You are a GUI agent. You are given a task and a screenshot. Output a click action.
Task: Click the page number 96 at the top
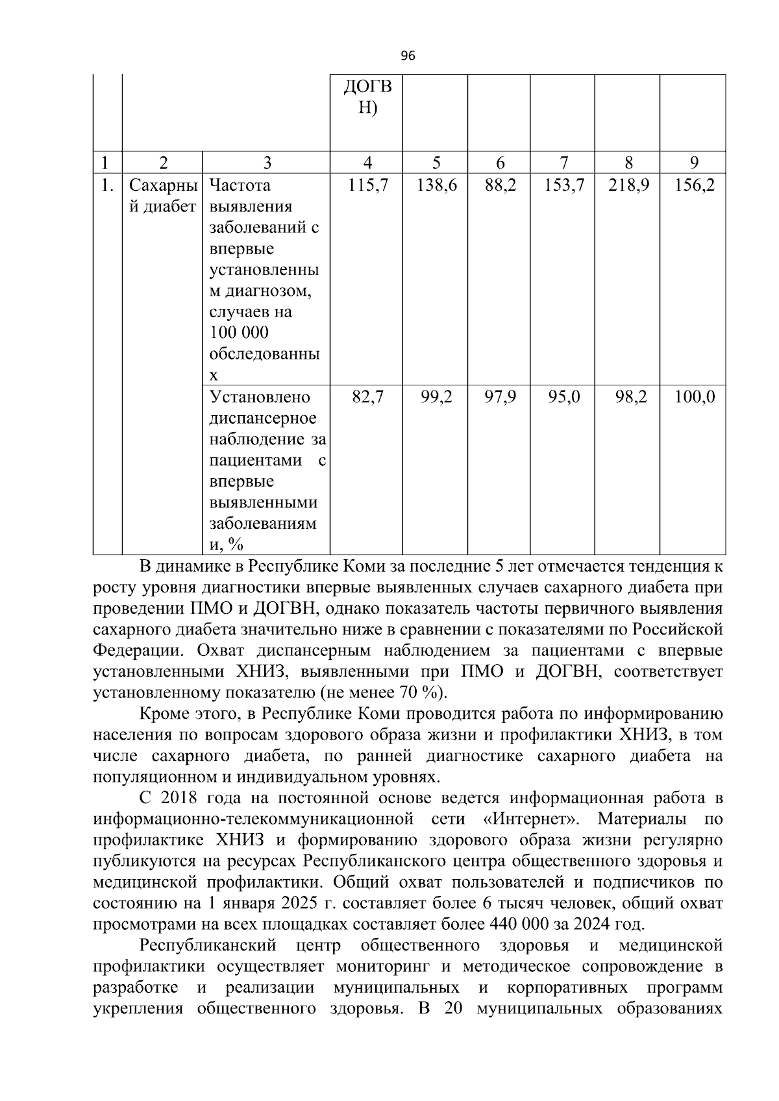tap(408, 56)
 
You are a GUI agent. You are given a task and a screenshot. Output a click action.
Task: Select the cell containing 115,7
tap(367, 186)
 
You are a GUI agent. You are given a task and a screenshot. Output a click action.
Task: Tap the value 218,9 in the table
tap(628, 186)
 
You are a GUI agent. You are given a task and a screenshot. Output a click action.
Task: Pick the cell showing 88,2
tap(501, 186)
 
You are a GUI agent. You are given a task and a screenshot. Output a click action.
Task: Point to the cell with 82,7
tap(367, 396)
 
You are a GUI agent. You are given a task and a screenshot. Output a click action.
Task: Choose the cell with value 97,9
tap(501, 396)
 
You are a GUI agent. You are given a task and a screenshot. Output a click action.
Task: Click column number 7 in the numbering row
tap(563, 163)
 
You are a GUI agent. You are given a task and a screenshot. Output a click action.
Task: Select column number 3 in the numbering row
tap(267, 163)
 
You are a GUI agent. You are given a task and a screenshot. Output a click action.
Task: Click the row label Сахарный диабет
tap(162, 196)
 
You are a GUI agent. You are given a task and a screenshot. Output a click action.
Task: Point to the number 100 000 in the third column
tap(239, 333)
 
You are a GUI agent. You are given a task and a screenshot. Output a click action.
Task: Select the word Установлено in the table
tap(260, 396)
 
